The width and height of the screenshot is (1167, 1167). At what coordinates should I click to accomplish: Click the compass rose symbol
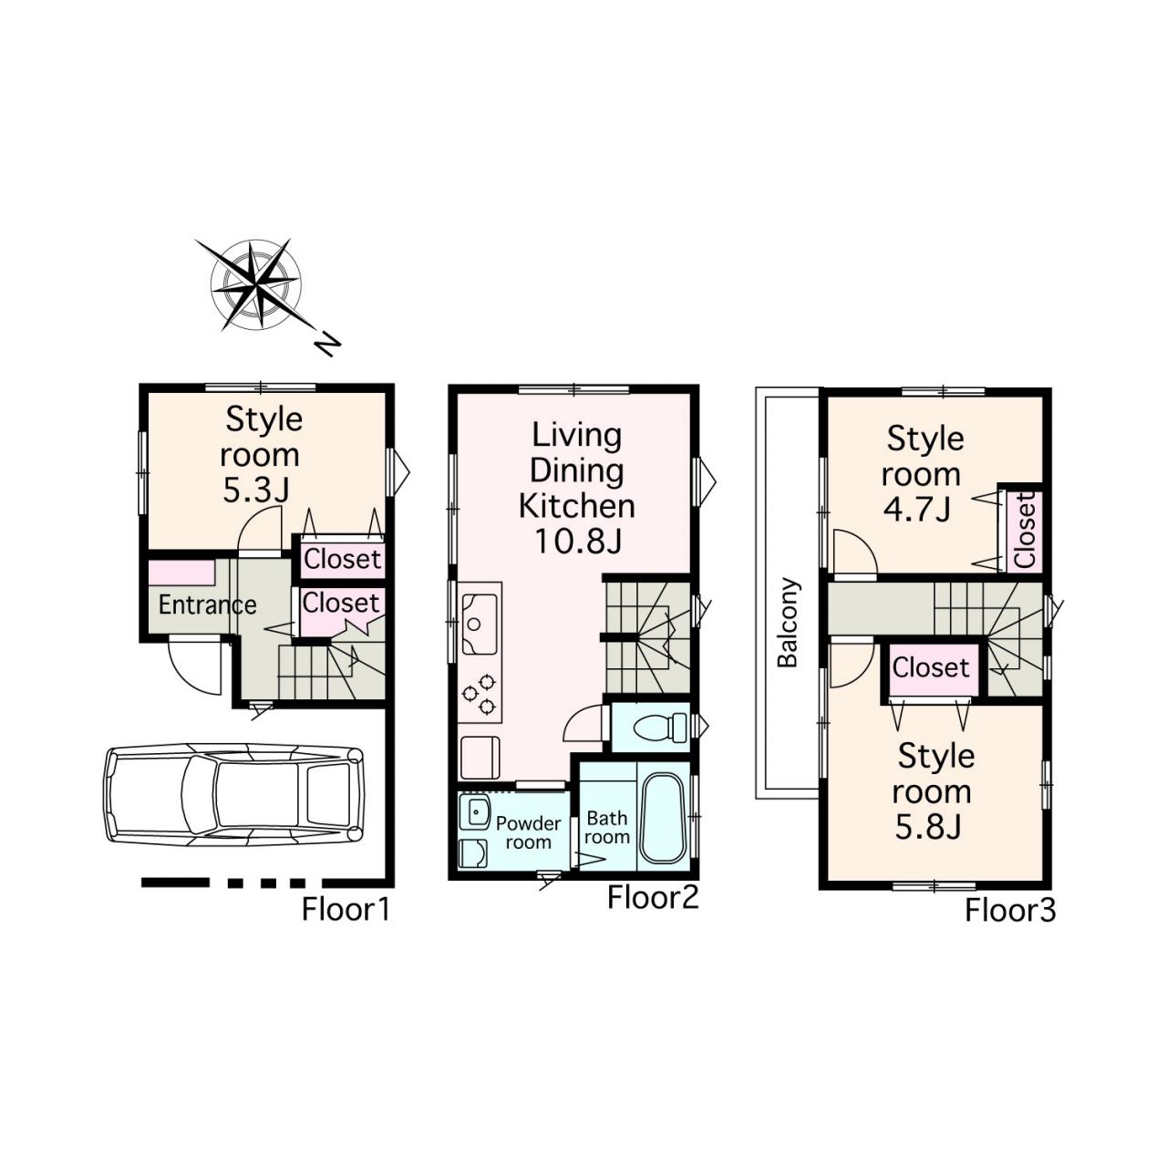(255, 284)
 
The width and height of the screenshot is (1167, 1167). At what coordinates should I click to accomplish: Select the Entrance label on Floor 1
(207, 605)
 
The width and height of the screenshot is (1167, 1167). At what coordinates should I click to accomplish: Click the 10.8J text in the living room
(578, 541)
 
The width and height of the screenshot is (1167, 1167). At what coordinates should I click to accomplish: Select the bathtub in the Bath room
(663, 818)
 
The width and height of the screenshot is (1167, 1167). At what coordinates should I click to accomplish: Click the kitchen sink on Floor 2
(480, 624)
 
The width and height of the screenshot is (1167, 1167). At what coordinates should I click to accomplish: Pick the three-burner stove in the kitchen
(479, 694)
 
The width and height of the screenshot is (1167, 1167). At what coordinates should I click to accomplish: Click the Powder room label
(528, 832)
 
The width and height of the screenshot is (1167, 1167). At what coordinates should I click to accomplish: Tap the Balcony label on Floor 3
(788, 622)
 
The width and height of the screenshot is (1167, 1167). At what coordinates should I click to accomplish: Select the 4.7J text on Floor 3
(916, 510)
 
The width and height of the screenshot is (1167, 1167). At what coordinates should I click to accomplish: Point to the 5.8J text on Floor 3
(928, 827)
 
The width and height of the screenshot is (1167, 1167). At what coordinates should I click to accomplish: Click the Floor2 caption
(653, 897)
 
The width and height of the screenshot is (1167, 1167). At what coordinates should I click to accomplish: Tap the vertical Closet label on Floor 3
(1024, 530)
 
